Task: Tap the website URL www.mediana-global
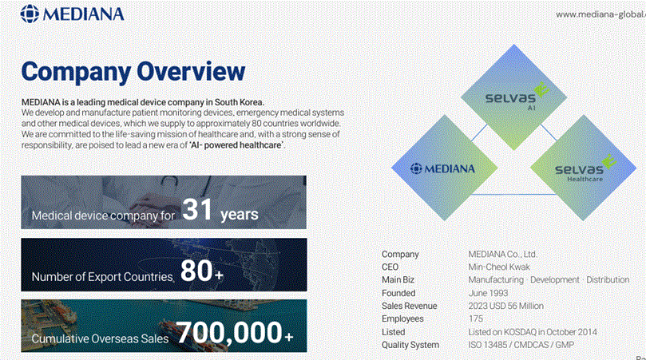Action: pos(600,14)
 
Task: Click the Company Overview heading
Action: pos(133,71)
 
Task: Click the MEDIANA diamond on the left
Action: pos(442,168)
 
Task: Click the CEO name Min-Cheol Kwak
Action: pos(499,267)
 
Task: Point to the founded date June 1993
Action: pos(488,293)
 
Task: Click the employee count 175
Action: pos(476,318)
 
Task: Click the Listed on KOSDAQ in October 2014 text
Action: pos(533,332)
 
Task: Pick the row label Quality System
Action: pos(410,345)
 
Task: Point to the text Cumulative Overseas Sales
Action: pos(100,339)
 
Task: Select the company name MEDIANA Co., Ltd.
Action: pos(502,255)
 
